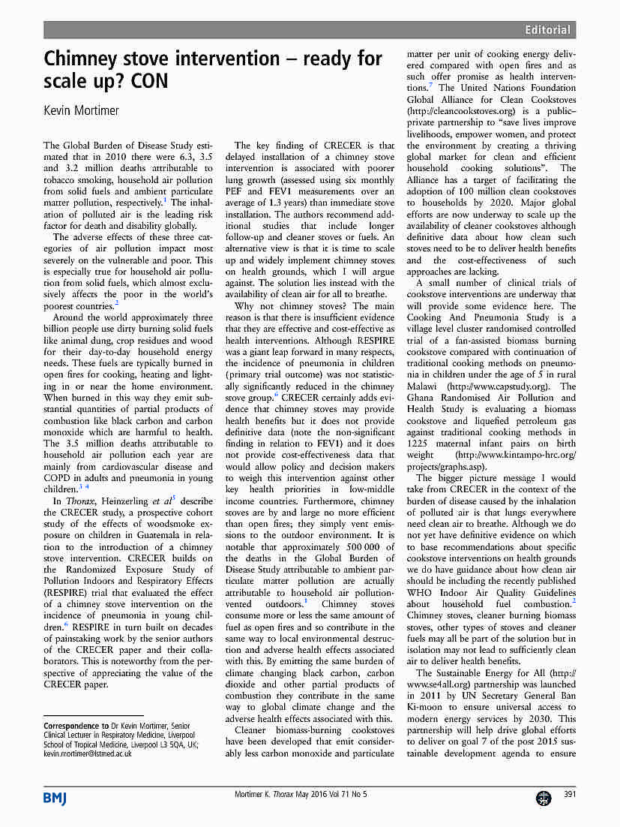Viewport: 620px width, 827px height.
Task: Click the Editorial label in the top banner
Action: tap(547, 30)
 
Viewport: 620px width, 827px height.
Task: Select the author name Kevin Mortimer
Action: tap(82, 110)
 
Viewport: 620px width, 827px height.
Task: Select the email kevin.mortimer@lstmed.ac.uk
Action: tap(88, 753)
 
